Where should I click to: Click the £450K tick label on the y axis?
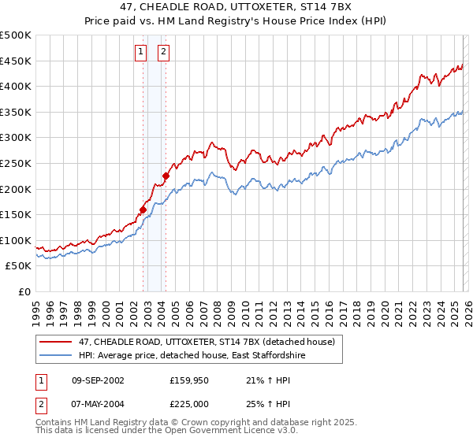16,61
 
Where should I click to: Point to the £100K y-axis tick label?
16,240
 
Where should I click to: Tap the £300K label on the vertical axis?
16,138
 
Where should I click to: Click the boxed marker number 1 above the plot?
140,53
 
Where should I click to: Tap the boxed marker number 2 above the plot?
163,53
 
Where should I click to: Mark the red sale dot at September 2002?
143,209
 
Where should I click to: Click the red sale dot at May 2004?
166,176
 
